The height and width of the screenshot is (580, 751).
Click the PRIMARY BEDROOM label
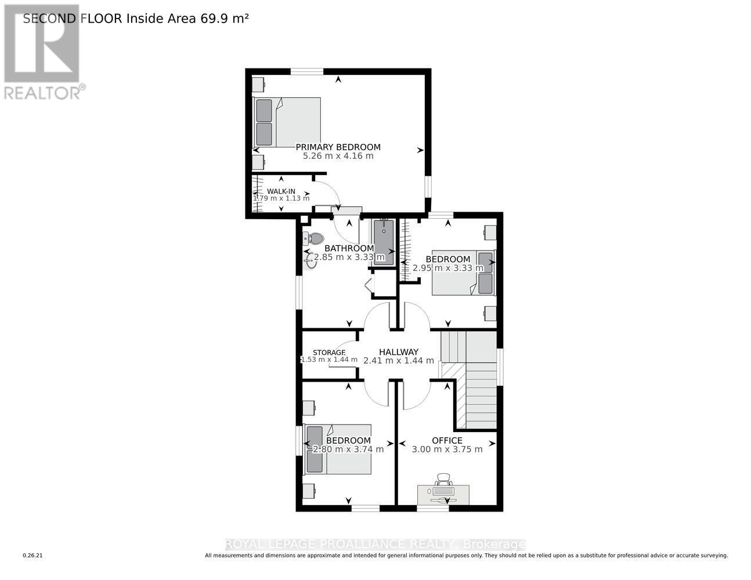tap(338, 147)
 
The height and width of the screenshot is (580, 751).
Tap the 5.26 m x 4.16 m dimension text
tap(338, 156)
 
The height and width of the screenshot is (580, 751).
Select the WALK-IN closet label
tap(281, 191)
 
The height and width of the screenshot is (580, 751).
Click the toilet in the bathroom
tap(315, 238)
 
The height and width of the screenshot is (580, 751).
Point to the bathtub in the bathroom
tap(383, 242)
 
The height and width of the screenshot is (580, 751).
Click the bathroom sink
tap(311, 263)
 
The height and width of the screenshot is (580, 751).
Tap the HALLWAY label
tap(398, 352)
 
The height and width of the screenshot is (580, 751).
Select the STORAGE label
tap(328, 353)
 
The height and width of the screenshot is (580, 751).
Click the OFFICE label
tap(447, 440)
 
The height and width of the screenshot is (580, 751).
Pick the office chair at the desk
tap(444, 479)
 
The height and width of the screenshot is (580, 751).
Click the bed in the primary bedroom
tap(287, 122)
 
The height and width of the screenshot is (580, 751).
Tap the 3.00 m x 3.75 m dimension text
tap(447, 449)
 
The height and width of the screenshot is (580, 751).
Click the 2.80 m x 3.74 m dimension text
tap(348, 449)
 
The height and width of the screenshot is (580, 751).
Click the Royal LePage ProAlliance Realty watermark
tap(375, 544)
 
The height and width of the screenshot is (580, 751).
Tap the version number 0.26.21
tap(33, 556)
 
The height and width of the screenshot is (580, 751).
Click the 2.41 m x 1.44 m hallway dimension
tap(398, 361)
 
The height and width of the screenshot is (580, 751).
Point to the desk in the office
tap(444, 495)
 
